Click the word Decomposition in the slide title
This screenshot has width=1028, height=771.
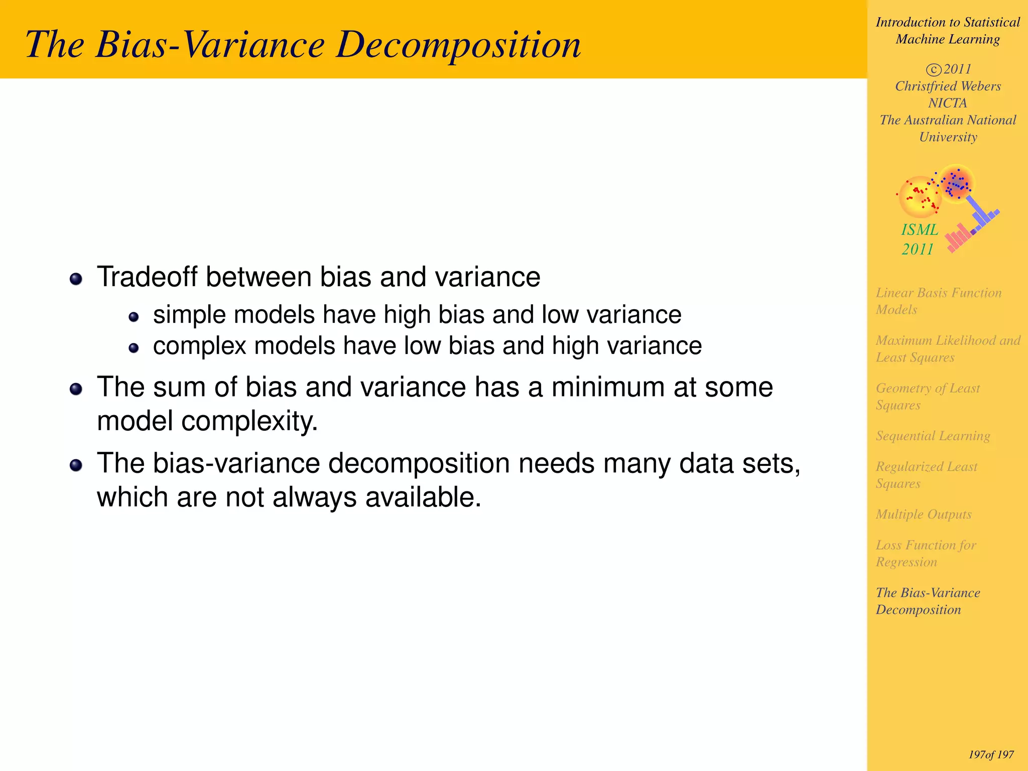458,45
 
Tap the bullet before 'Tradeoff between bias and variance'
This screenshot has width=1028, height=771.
76,279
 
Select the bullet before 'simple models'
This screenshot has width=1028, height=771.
134,317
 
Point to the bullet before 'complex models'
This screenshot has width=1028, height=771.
134,348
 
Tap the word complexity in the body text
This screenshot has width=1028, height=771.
249,421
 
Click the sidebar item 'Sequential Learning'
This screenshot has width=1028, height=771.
933,436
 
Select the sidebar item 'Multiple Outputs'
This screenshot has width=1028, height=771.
923,514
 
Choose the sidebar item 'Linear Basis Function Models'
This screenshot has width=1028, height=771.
938,301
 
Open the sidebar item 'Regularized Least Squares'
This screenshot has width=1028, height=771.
926,475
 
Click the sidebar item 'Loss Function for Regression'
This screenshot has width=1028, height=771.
926,553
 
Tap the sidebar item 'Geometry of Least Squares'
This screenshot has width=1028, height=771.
927,397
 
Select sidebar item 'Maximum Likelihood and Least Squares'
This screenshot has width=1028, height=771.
947,348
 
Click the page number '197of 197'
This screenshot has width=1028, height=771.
991,754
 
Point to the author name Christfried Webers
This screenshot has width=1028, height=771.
948,86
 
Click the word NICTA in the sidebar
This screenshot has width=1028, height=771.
947,103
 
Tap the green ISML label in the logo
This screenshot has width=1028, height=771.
920,230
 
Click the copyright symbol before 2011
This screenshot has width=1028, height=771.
933,69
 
